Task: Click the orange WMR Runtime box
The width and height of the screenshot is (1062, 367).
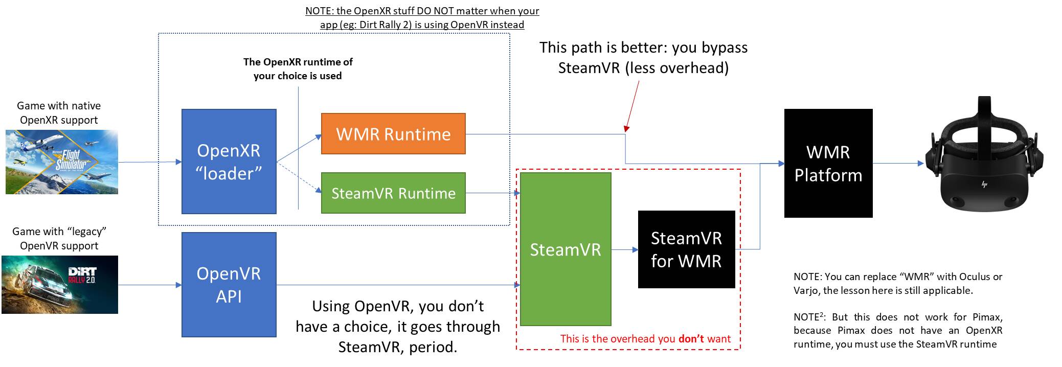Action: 393,134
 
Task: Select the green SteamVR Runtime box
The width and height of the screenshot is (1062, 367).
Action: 393,193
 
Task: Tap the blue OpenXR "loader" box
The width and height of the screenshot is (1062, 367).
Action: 229,162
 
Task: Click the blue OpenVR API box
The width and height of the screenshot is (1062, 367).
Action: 229,285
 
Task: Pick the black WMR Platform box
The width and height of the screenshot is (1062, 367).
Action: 828,163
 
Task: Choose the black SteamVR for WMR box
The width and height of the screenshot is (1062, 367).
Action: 686,249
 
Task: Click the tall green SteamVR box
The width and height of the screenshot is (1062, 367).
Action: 565,249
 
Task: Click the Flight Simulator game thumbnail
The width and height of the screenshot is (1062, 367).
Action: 61,162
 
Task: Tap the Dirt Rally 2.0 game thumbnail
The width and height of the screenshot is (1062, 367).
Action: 59,285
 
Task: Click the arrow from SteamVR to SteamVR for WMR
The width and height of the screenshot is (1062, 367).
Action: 624,249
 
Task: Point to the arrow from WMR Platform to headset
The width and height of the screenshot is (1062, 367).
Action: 898,164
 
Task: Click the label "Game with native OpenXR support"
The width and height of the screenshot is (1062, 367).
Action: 59,113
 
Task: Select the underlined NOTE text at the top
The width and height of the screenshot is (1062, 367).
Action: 422,17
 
